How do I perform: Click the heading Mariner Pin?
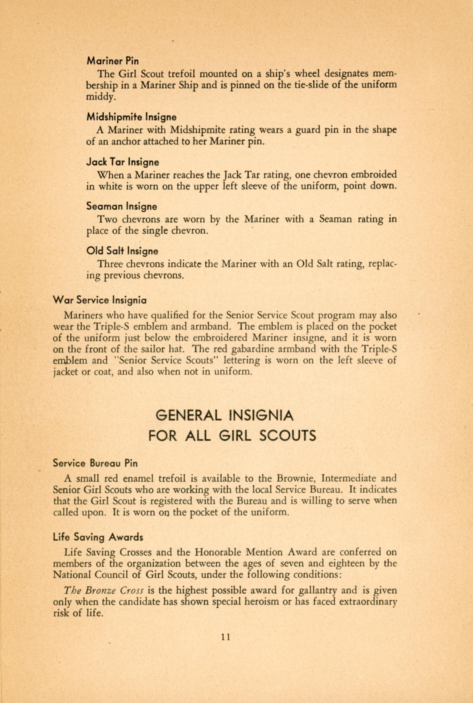113,61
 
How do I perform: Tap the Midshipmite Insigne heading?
132,117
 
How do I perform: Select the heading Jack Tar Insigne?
122,162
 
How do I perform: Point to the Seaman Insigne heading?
122,206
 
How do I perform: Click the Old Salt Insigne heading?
122,251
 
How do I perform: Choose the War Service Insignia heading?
100,300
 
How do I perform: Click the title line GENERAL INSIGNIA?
224,416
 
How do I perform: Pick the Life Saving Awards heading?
98,537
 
